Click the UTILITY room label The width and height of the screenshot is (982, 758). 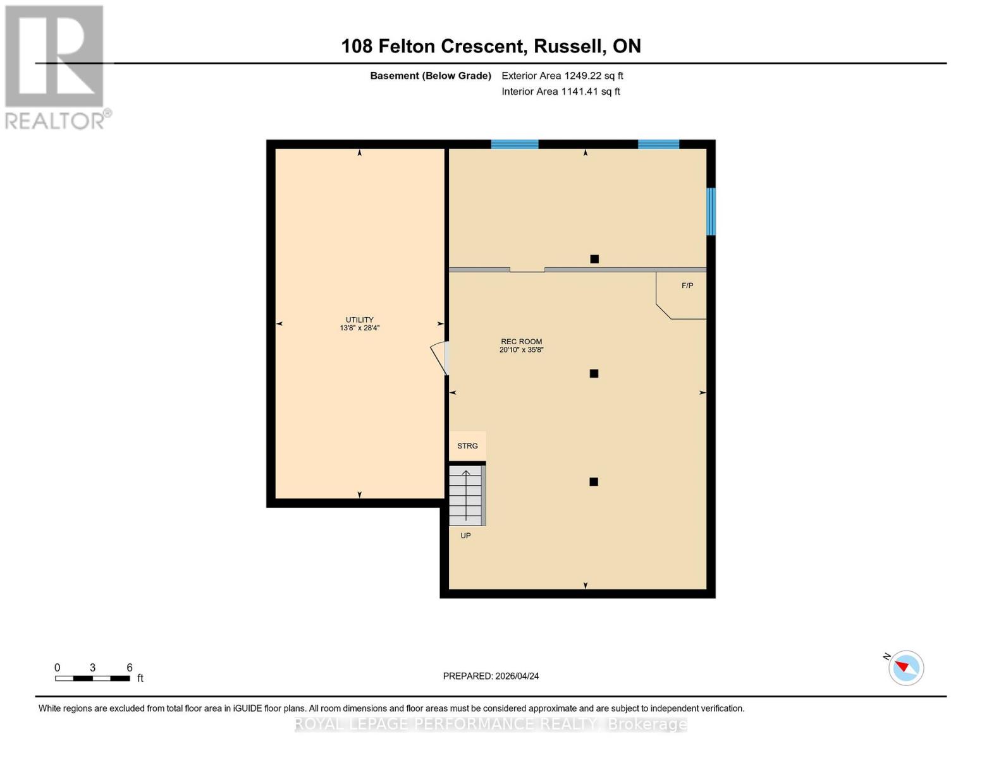click(x=359, y=320)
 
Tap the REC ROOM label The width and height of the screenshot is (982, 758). click(x=521, y=342)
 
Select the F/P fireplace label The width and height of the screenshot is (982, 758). click(x=687, y=286)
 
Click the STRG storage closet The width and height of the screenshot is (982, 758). click(x=467, y=446)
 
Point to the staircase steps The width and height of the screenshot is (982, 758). click(x=466, y=496)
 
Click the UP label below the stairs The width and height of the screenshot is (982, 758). click(x=465, y=536)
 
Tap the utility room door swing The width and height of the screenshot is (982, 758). click(x=439, y=358)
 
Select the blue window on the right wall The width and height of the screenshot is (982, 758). click(x=711, y=212)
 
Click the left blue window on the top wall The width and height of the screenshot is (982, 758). click(x=515, y=145)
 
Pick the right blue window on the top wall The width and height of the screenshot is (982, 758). click(x=658, y=145)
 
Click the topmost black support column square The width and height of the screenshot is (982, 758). click(x=594, y=259)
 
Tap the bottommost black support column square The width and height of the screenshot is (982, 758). click(x=594, y=482)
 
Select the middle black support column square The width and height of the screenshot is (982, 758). click(x=594, y=374)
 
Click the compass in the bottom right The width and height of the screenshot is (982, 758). click(x=905, y=668)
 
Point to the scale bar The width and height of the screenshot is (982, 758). click(x=92, y=678)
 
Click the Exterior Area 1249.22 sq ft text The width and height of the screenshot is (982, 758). click(x=562, y=76)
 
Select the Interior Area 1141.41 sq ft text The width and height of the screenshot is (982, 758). click(x=560, y=92)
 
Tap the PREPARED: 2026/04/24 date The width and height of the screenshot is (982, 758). click(x=491, y=676)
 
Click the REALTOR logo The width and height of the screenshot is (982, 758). click(x=56, y=66)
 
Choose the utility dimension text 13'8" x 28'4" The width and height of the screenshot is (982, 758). click(x=359, y=328)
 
